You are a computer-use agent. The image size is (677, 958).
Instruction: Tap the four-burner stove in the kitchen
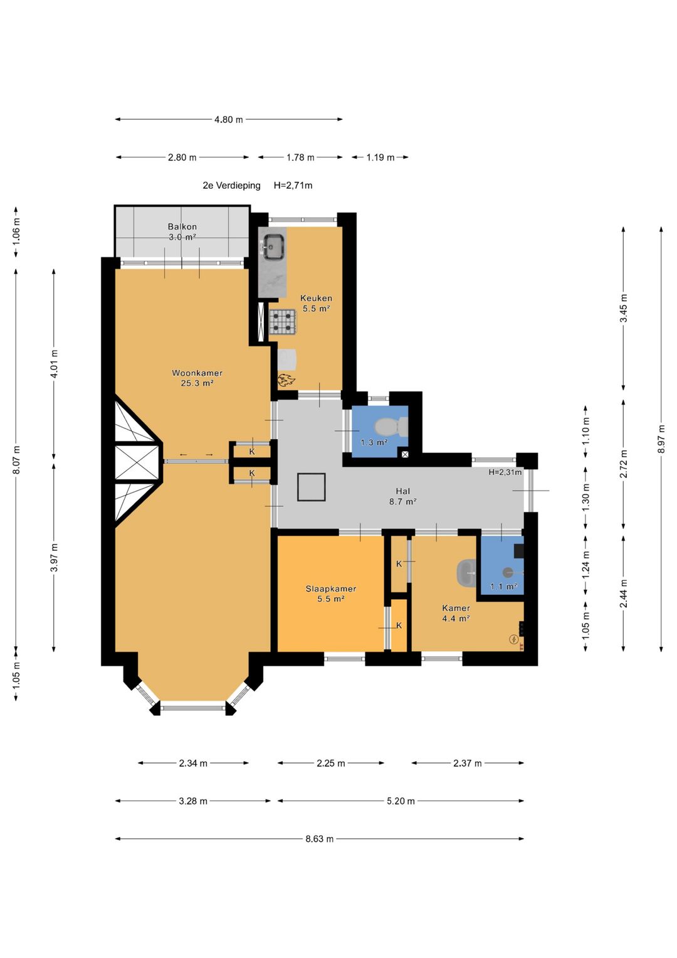tap(283, 321)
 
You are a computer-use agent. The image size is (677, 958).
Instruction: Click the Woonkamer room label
tap(197, 373)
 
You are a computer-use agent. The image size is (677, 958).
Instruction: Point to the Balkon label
tap(182, 226)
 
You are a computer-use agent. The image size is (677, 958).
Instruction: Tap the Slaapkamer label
tap(331, 589)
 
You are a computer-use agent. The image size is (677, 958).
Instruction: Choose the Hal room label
tap(402, 491)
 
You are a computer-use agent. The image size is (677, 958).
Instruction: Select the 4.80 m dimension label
tap(229, 120)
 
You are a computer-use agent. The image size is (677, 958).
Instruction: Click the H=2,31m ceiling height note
tap(505, 472)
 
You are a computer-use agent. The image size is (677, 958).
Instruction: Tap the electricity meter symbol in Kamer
tap(513, 639)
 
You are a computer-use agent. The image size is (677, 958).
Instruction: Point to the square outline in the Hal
tap(312, 487)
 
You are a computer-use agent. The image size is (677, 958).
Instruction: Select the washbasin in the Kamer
tap(467, 572)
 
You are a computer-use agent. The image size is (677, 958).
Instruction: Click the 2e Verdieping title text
tap(231, 186)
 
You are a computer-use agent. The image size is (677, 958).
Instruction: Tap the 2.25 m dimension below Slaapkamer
tap(331, 763)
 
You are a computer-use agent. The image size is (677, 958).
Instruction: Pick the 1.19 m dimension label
tap(380, 157)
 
